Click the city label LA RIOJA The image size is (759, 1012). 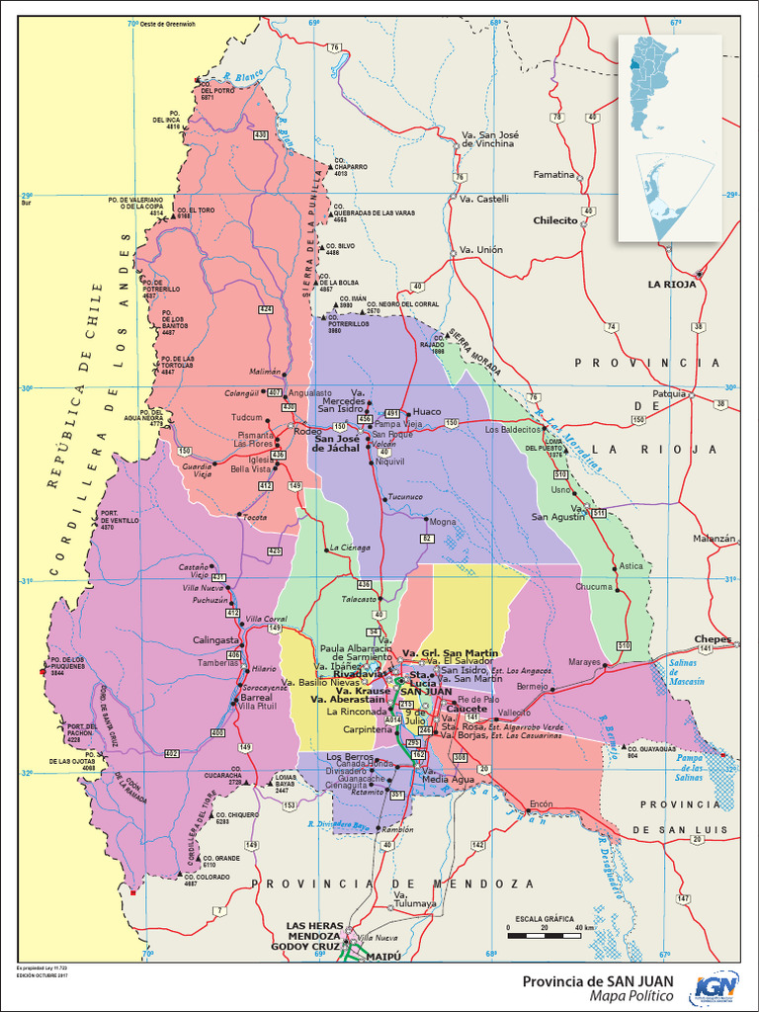[x=672, y=284]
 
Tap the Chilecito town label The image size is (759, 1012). [x=555, y=220]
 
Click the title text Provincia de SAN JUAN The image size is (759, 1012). [x=598, y=980]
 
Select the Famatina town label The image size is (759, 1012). [x=553, y=175]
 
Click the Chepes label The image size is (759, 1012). [x=713, y=639]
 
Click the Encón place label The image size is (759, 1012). [x=541, y=803]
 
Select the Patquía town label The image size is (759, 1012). [x=669, y=392]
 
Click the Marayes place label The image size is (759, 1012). [x=585, y=662]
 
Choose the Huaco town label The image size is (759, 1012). [x=427, y=411]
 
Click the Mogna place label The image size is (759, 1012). [x=443, y=521]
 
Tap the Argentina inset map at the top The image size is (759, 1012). [x=669, y=138]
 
